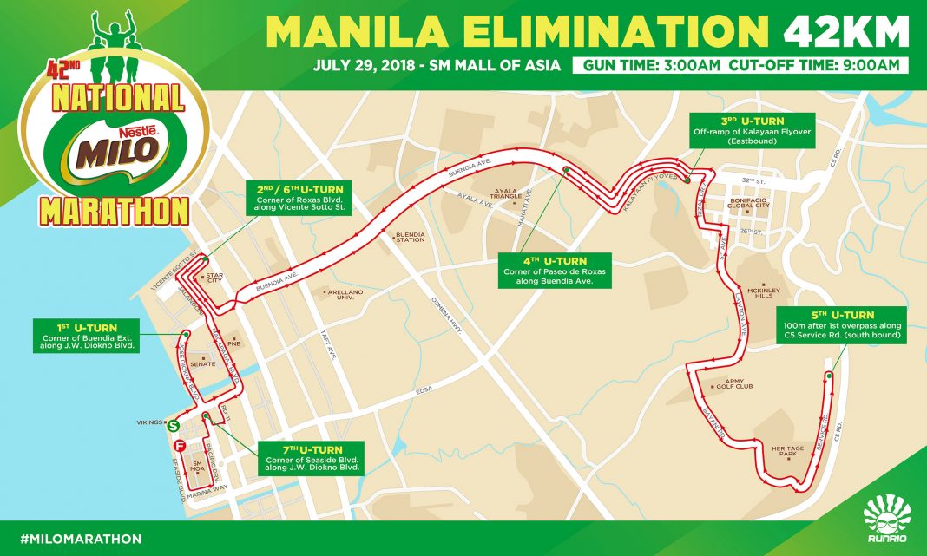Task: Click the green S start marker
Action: [x=174, y=426]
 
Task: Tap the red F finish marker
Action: [x=180, y=446]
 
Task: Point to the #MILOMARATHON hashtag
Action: [x=73, y=539]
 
